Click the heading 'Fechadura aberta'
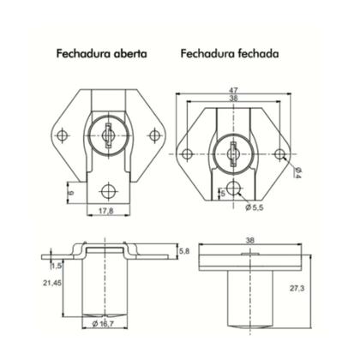[x=101, y=52]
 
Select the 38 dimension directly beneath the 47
[x=232, y=99]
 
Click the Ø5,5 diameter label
[x=253, y=208]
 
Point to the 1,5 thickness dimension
[x=56, y=266]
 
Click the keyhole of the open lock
[x=108, y=134]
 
